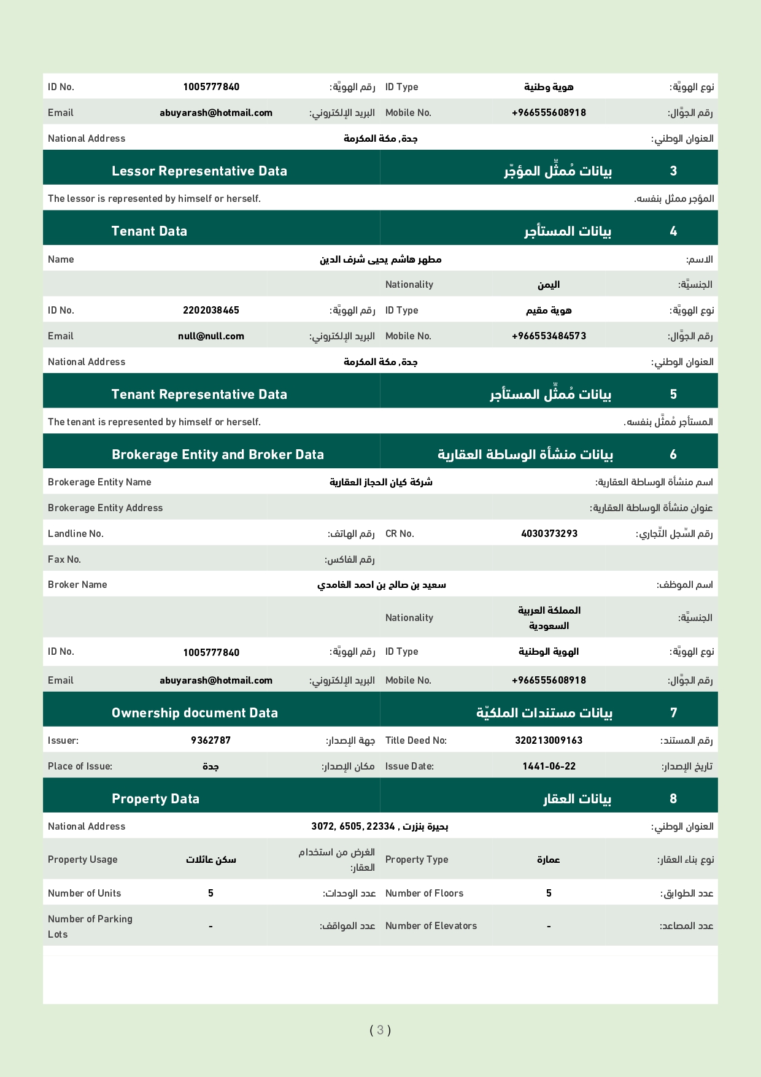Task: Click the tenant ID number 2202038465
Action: (x=211, y=311)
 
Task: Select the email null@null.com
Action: (x=211, y=336)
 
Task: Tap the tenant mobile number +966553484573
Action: (x=549, y=336)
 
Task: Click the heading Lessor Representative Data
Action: (x=199, y=171)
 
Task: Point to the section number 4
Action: (x=673, y=231)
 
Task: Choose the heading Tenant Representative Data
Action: (x=199, y=395)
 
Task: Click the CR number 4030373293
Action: (x=549, y=534)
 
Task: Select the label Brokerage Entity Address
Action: (x=105, y=508)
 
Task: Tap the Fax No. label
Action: (x=64, y=560)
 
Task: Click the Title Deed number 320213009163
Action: (x=548, y=741)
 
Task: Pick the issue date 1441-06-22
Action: (x=549, y=766)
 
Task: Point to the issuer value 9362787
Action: (x=211, y=741)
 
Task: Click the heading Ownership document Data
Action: (x=195, y=713)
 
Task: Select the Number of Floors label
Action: (x=424, y=894)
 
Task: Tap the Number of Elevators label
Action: (x=431, y=926)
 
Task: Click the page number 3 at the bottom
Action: (x=380, y=1030)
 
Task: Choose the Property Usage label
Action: (x=82, y=860)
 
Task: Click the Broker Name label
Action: (x=77, y=585)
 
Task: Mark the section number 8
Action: (x=673, y=799)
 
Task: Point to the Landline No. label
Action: (x=75, y=534)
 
